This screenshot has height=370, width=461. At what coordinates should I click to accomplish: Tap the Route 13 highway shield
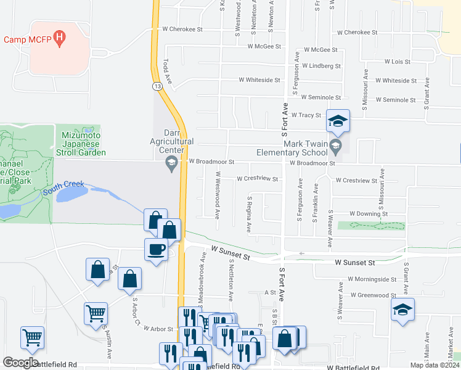[x=158, y=86]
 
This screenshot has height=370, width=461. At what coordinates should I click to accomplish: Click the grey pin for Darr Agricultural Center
[x=172, y=163]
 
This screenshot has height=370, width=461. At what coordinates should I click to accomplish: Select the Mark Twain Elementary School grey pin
[x=336, y=147]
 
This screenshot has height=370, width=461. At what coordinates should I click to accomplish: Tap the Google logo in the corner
[x=20, y=363]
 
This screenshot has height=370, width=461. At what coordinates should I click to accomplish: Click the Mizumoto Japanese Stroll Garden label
[x=84, y=144]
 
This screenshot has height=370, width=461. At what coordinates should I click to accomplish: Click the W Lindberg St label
[x=320, y=65]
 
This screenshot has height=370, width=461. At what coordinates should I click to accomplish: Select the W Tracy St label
[x=306, y=115]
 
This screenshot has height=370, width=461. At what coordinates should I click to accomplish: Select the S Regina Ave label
[x=250, y=215]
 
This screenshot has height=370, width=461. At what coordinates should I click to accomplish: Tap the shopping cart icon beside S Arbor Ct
[x=96, y=313]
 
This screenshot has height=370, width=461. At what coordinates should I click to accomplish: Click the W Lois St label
[x=397, y=62]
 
